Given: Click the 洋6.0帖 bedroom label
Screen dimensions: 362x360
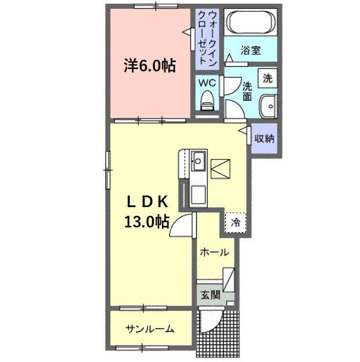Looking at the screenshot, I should point(149,65).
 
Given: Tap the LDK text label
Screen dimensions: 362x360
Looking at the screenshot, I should point(147,202).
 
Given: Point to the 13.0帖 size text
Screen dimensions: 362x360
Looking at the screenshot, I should point(146,221).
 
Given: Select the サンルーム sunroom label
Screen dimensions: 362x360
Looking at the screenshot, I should point(150,330).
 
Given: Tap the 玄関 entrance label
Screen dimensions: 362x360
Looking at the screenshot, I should point(211,295).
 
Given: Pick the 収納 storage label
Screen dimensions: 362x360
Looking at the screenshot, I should point(265,139).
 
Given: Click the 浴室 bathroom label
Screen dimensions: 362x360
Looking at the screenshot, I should point(251,50).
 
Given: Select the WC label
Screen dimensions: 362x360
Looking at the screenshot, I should point(207,82).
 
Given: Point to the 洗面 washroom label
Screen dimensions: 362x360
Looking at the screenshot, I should point(247,92).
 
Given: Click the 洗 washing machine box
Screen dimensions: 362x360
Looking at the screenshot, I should point(268,78).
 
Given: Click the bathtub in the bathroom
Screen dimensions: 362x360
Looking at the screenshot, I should point(251,23).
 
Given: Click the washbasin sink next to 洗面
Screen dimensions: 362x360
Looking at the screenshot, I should point(269,107).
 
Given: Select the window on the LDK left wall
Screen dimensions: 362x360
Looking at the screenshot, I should point(107,169).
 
